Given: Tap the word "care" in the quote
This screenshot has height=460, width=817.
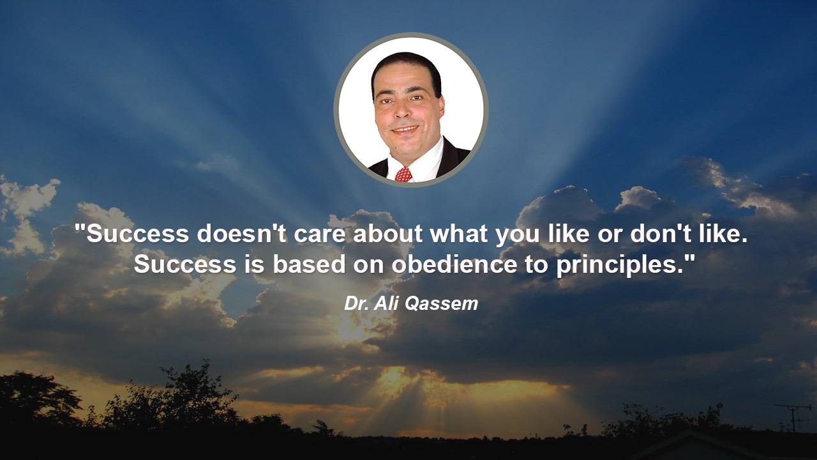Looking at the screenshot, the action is (319, 236).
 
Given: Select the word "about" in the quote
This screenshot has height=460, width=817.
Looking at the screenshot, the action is (387, 233).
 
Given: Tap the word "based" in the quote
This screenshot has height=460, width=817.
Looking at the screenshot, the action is (308, 264).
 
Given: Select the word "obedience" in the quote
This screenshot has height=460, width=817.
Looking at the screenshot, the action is (454, 264).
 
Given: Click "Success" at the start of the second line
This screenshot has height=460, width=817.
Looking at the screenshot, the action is (184, 264).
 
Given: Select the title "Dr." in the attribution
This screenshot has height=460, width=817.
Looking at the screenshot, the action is (356, 303).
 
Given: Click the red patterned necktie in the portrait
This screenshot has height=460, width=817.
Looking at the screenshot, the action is (403, 174).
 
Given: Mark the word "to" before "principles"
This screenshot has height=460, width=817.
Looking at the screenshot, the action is (536, 264).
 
